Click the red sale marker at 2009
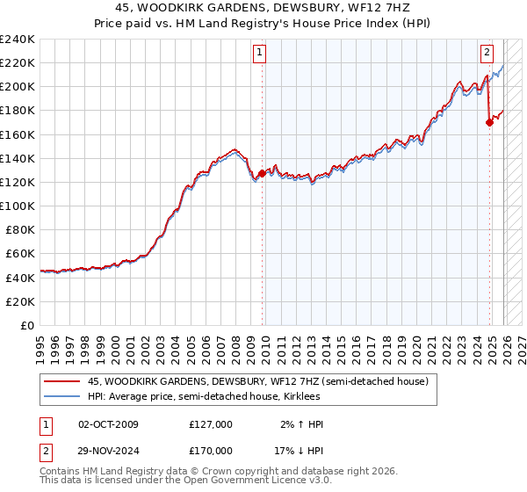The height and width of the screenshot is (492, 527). pos(262,173)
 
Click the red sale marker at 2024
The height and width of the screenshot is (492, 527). pos(489,123)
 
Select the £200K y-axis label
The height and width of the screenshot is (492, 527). pos(17,87)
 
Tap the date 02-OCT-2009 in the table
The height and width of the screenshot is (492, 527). pos(108,424)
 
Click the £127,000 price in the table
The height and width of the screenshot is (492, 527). pos(211,424)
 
